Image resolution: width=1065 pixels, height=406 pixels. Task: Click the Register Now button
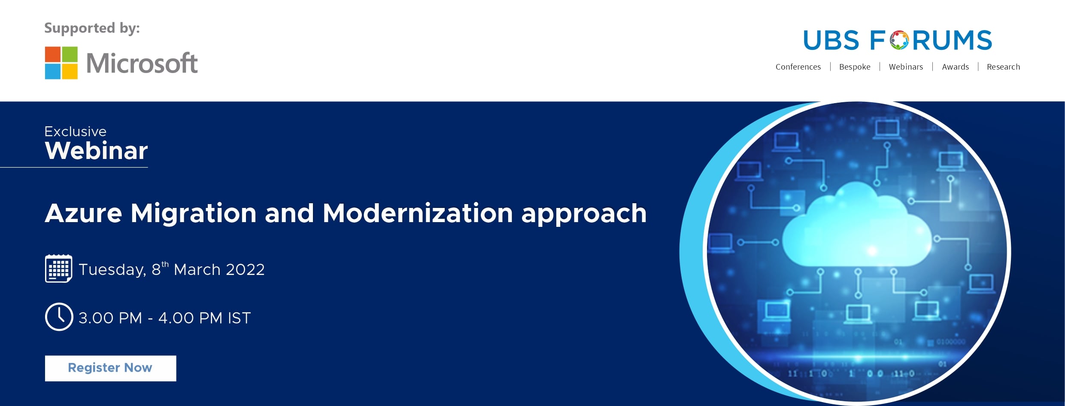110,368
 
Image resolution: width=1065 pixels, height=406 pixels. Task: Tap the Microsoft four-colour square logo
61,63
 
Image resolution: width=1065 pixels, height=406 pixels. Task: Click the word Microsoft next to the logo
142,63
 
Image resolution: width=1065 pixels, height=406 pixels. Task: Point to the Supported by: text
92,28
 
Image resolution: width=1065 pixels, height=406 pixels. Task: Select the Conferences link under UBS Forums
798,67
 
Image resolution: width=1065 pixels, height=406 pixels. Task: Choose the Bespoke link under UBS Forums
855,67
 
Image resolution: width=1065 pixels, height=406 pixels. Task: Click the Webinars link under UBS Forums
906,67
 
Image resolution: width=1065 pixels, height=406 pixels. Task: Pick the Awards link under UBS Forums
955,67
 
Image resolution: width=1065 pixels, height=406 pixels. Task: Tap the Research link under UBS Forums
1003,67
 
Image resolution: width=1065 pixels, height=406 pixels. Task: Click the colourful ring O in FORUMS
899,40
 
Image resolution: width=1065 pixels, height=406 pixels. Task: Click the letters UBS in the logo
831,40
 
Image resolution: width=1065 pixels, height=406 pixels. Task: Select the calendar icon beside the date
58,269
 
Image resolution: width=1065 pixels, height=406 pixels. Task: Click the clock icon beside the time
59,317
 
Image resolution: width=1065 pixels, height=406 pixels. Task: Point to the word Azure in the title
84,213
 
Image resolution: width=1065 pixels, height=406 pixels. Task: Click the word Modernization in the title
418,213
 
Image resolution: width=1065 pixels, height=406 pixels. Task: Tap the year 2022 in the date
245,270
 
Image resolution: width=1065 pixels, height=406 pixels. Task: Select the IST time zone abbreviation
239,318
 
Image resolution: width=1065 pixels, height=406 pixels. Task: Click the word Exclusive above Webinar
76,131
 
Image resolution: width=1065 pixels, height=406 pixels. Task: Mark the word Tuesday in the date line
112,270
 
